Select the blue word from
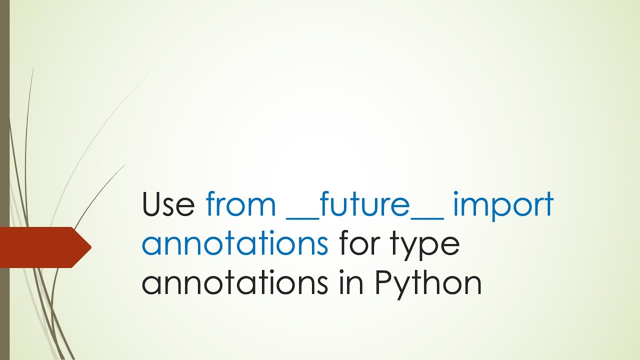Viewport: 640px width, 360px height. pos(240,205)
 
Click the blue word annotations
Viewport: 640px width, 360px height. pos(235,244)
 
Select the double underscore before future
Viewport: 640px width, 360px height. pos(301,216)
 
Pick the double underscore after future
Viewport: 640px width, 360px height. pos(427,216)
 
